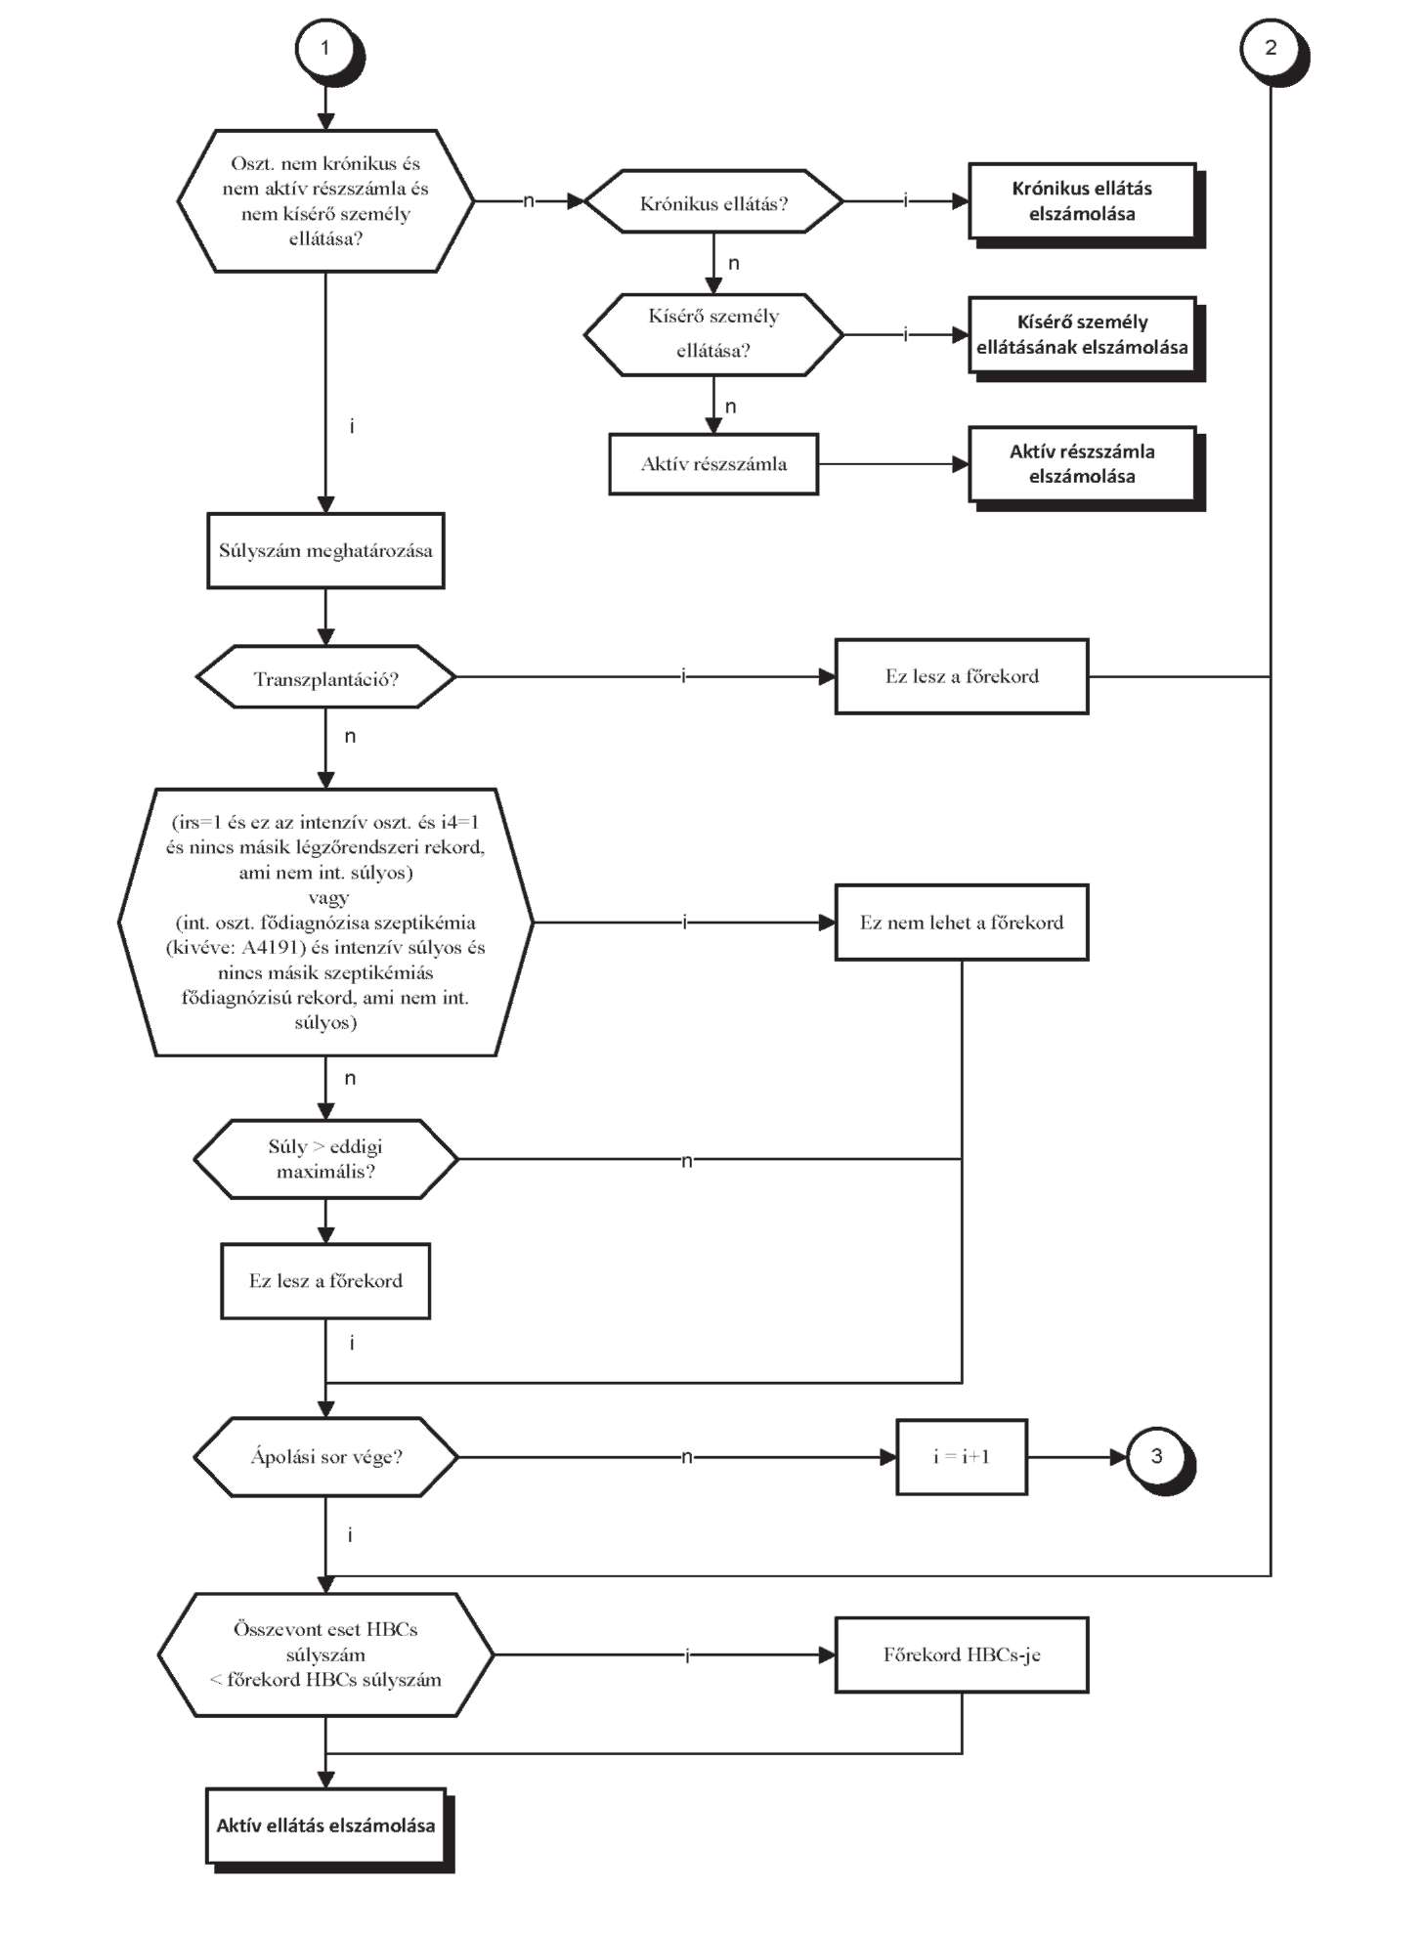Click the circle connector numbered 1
coord(326,49)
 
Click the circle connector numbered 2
coord(1271,49)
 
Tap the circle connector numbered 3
coord(1157,1457)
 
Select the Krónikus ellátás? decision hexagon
coord(713,202)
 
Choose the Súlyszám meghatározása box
coord(325,551)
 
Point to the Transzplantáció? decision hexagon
coord(325,676)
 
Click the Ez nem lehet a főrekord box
coord(962,923)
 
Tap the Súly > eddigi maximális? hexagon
coord(325,1159)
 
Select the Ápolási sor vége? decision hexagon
coord(325,1457)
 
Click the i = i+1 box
coord(962,1457)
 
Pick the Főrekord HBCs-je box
coord(962,1655)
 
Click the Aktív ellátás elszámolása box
coord(326,1827)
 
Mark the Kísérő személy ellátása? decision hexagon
coord(713,334)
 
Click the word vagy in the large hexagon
coord(327,897)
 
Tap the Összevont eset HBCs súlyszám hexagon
coord(325,1655)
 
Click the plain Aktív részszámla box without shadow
coord(713,464)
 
